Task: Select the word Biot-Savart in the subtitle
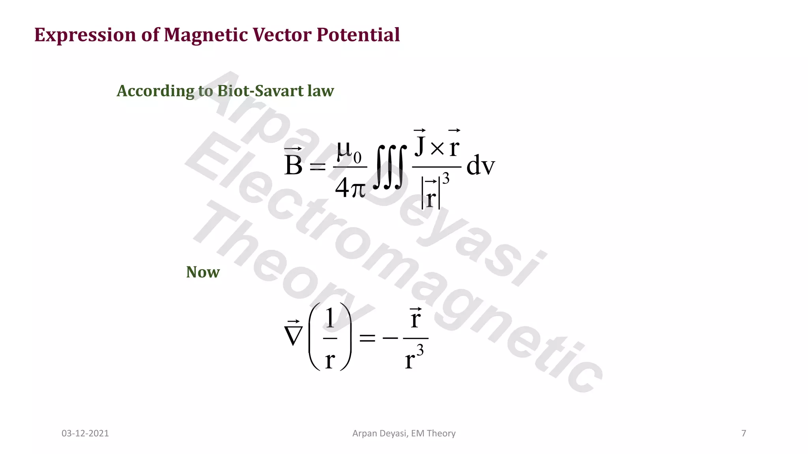tap(260, 91)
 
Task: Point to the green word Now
tap(203, 272)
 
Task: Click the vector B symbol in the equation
tap(293, 164)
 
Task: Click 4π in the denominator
tap(350, 188)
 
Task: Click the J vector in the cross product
tap(420, 145)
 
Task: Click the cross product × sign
tap(437, 148)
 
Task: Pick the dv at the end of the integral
tap(480, 166)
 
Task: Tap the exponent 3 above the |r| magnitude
tap(446, 179)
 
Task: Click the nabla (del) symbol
tap(293, 335)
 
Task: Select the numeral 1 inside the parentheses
tap(330, 318)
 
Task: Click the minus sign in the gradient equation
tap(390, 338)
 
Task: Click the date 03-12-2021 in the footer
tap(85, 434)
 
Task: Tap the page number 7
tap(744, 434)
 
